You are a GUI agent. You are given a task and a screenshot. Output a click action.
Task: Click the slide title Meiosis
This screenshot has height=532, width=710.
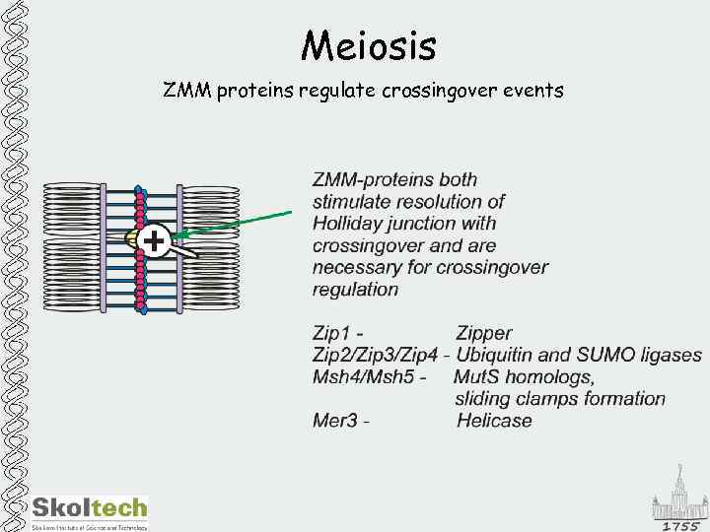pyautogui.click(x=368, y=45)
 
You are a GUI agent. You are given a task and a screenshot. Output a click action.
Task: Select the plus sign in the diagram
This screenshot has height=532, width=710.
pyautogui.click(x=154, y=239)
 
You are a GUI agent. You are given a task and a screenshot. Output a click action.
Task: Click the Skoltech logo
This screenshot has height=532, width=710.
pyautogui.click(x=89, y=509)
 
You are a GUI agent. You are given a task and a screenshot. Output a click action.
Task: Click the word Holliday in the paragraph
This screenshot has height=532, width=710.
pyautogui.click(x=351, y=224)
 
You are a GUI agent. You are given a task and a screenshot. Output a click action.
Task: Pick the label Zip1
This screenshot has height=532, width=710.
pyautogui.click(x=333, y=334)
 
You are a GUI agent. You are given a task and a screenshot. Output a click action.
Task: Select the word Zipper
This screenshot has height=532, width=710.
pyautogui.click(x=484, y=334)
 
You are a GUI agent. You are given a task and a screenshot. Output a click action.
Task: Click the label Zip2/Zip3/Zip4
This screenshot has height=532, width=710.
pyautogui.click(x=375, y=356)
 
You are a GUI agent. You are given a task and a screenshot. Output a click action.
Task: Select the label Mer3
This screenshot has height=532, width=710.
pyautogui.click(x=334, y=421)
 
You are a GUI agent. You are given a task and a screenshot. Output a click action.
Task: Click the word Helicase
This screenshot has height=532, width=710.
pyautogui.click(x=494, y=421)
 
